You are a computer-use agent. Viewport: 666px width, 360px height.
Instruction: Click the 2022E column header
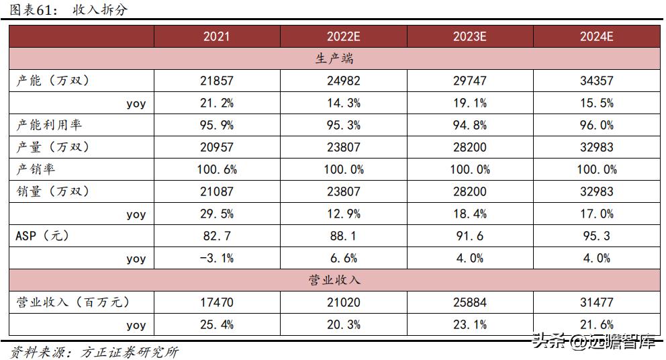[x=343, y=36]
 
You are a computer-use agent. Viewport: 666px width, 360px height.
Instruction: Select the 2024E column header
[x=596, y=36]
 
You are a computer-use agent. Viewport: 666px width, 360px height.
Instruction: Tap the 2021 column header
[x=216, y=36]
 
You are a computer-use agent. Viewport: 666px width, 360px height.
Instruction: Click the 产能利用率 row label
[x=49, y=125]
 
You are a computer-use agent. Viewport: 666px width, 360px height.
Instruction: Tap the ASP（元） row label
[x=42, y=236]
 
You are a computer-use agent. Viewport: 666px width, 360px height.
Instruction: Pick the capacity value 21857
[x=216, y=81]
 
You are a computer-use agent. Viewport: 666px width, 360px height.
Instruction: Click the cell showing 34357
[x=596, y=81]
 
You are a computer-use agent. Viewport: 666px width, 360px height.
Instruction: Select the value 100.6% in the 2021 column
[x=216, y=169]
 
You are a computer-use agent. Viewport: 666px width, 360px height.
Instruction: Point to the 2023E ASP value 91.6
[x=469, y=236]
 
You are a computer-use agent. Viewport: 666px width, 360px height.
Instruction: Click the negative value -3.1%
[x=216, y=258]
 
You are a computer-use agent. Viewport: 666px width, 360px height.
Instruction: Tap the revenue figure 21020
[x=343, y=302]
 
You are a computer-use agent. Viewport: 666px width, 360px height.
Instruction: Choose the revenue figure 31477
[x=596, y=302]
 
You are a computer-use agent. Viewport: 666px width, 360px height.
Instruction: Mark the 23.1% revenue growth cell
[x=469, y=324]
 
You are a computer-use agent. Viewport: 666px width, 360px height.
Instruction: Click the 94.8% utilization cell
[x=469, y=125]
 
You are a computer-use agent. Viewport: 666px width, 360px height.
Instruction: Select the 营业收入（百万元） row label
[x=72, y=302]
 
